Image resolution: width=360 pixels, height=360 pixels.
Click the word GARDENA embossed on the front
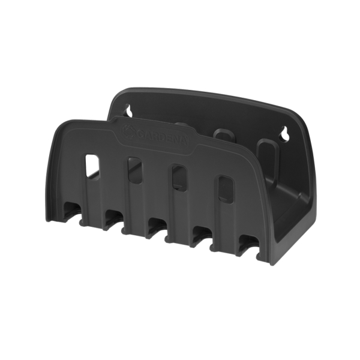pos(161,137)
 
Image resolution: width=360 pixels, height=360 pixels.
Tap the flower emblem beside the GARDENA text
pos(128,131)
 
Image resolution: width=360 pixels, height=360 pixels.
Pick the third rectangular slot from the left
pos(179,177)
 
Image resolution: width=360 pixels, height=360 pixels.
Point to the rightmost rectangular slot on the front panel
pos(225,187)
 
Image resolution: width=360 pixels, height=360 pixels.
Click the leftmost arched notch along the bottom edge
pos(72,213)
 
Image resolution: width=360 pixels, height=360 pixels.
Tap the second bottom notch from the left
pos(114,219)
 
